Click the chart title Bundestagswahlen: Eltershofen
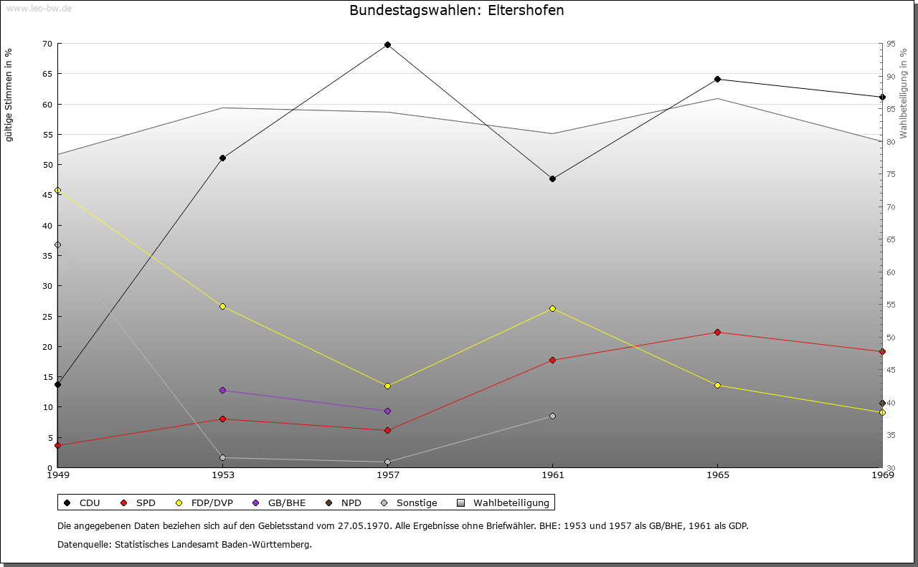[x=456, y=11]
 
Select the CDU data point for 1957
[x=387, y=44]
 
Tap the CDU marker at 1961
[x=552, y=178]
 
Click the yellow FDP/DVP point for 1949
[x=57, y=190]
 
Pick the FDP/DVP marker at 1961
[x=552, y=308]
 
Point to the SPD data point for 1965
[x=717, y=332]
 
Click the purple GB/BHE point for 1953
[x=222, y=390]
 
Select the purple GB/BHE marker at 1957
[x=387, y=411]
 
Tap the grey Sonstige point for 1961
[x=552, y=416]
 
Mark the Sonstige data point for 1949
[x=57, y=244]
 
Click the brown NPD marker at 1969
[x=882, y=403]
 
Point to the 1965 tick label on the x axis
[x=717, y=475]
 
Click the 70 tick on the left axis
[x=47, y=44]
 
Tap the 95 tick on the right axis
[x=890, y=44]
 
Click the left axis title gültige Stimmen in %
[x=9, y=95]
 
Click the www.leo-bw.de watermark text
[x=37, y=7]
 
